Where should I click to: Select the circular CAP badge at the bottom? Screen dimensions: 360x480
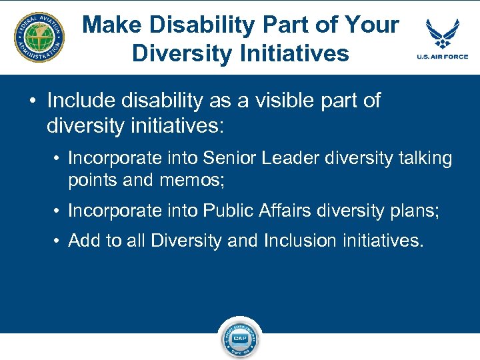tap(240, 338)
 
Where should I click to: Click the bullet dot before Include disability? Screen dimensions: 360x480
tap(32, 101)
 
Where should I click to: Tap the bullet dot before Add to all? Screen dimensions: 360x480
tap(58, 241)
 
